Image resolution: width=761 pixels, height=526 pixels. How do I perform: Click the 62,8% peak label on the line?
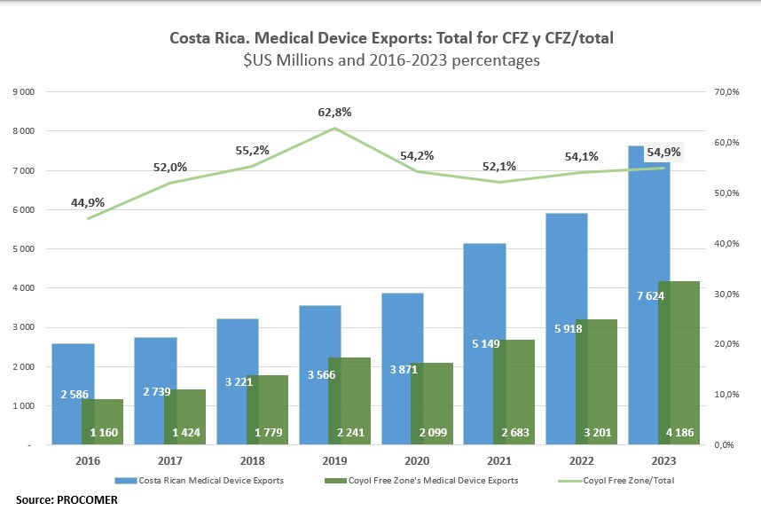[334, 113]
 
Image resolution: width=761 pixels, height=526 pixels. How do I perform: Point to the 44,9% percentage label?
[88, 203]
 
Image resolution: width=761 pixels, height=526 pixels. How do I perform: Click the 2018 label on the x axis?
[253, 462]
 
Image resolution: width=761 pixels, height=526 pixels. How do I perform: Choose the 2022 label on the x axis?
[583, 462]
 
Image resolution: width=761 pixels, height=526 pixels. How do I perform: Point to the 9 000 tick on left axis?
[24, 91]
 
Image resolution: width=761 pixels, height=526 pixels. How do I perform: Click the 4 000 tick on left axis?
[24, 288]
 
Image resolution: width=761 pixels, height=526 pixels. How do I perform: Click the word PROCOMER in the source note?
[89, 500]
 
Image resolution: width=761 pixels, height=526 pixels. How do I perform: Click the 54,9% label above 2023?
[663, 152]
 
